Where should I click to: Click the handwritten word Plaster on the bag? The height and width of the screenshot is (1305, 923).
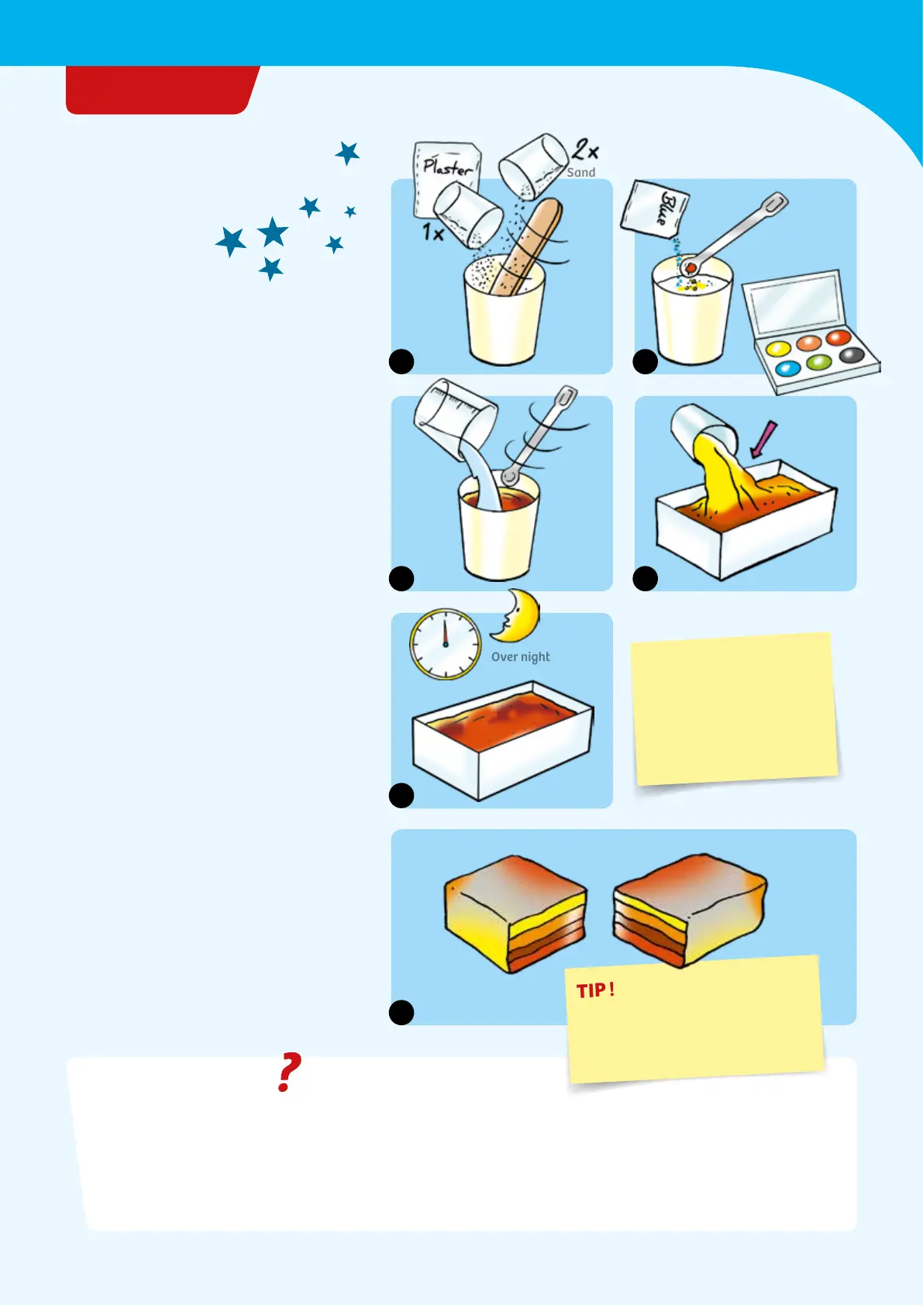click(447, 167)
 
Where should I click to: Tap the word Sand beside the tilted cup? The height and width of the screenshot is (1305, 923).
click(581, 173)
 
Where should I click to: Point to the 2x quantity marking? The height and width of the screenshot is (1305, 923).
click(584, 149)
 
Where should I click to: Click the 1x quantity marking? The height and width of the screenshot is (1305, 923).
click(433, 232)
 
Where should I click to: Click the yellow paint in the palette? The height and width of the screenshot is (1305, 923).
click(778, 349)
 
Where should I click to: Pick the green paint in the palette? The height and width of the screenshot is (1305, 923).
click(818, 363)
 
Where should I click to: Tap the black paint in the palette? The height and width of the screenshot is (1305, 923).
click(852, 354)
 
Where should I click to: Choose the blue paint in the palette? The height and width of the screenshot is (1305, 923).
click(788, 368)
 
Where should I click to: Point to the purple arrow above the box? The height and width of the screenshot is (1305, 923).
click(763, 439)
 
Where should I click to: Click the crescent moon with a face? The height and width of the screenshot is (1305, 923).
click(516, 615)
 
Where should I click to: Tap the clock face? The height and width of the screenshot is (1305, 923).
click(445, 644)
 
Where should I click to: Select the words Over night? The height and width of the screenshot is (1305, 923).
click(520, 656)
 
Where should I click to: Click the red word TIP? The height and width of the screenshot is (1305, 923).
click(595, 990)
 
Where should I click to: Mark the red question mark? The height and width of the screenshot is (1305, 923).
click(288, 1072)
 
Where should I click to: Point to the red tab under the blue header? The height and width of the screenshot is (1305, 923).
click(163, 90)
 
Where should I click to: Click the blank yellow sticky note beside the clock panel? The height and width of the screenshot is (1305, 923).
click(734, 709)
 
